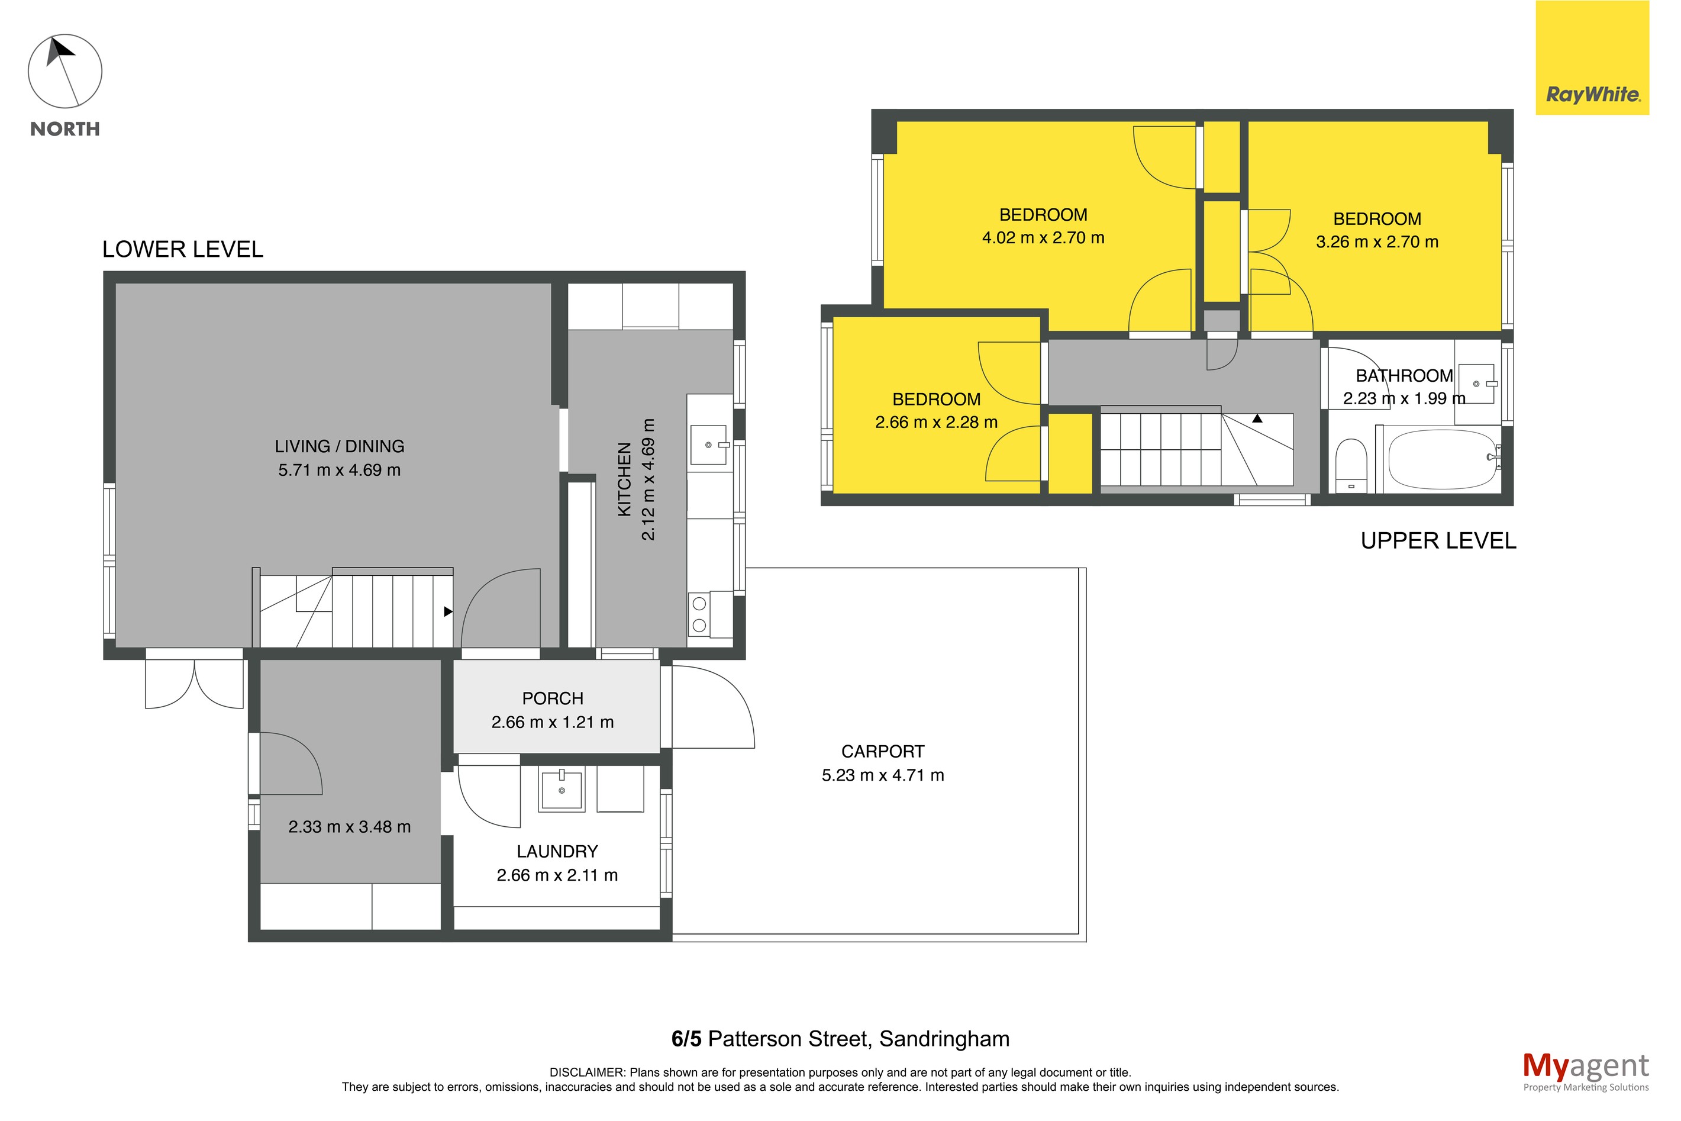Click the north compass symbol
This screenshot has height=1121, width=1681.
64,72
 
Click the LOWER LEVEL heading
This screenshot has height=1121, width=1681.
183,250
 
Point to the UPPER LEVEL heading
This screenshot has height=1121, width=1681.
1437,541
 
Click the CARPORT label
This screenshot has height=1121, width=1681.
883,752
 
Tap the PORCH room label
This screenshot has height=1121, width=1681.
553,699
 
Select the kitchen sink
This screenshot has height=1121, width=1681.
709,444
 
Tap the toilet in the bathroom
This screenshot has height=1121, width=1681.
1351,465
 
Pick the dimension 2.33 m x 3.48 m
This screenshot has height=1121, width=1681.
350,827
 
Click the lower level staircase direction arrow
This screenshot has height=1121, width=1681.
448,612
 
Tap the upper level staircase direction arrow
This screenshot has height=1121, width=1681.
1257,419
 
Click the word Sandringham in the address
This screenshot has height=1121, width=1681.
944,1039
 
